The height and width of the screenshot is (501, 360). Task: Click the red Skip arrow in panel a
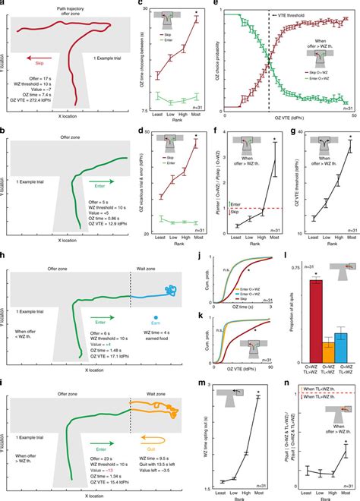43,65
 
